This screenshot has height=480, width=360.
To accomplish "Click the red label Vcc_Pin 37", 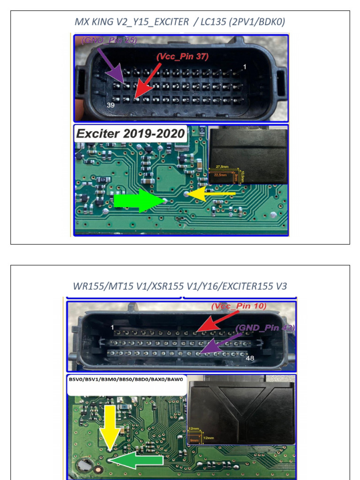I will [x=182, y=57].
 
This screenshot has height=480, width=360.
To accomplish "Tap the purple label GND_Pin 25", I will [x=109, y=40].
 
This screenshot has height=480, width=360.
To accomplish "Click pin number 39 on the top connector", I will [x=111, y=105].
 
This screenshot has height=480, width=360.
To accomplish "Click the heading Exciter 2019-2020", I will [x=131, y=134].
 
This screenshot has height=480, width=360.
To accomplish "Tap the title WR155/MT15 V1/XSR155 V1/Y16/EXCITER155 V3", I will [x=180, y=285].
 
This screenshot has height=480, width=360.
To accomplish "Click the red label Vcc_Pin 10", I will [x=239, y=306].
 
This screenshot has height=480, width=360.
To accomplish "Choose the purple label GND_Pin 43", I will [x=265, y=328].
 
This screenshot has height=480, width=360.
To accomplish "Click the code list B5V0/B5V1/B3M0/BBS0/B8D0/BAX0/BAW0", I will [x=127, y=380].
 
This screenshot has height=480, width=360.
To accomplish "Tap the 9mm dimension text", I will [x=194, y=440].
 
